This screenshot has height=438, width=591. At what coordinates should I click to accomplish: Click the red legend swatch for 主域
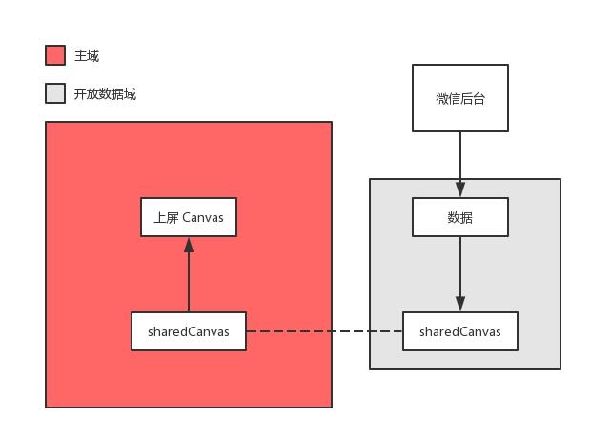click(55, 55)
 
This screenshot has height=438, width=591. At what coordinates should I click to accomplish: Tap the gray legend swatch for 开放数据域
click(55, 93)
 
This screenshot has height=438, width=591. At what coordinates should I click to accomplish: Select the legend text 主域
click(87, 56)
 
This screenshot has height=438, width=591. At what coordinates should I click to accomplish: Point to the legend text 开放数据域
click(105, 94)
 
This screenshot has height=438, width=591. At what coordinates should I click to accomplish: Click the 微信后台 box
click(460, 98)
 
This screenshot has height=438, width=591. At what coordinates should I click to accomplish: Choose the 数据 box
click(460, 217)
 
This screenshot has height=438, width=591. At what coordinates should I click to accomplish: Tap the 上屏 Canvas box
click(189, 217)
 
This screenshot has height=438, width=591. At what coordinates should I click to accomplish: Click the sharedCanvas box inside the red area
click(189, 331)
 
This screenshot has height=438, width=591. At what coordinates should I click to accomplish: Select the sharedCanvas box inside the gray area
click(460, 331)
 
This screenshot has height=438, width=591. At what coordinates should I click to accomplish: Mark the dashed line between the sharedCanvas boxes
click(324, 331)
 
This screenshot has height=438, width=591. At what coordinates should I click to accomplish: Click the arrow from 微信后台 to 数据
click(460, 157)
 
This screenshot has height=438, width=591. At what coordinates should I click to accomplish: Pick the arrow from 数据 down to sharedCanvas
click(460, 271)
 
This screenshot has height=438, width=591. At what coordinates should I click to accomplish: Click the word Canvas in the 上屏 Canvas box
click(203, 217)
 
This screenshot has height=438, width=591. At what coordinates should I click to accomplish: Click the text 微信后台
click(460, 98)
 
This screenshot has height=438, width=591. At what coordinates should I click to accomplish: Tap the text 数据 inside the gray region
click(460, 217)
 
